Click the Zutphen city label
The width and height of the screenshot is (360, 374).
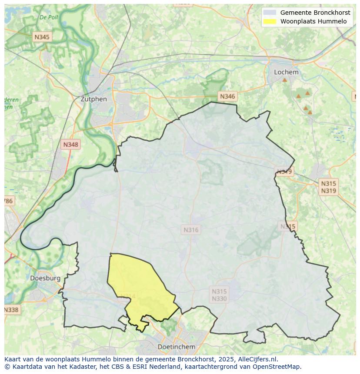(x=93, y=99)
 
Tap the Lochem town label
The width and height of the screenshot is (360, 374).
(x=286, y=72)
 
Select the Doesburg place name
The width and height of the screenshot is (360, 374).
(x=45, y=278)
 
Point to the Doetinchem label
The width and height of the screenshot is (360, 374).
(x=176, y=347)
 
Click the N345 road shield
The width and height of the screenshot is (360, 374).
(x=42, y=37)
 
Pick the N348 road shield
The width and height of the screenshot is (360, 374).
(x=71, y=145)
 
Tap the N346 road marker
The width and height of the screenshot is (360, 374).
(x=227, y=96)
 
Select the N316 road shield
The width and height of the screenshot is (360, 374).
(x=191, y=230)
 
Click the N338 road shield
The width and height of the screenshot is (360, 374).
(x=11, y=310)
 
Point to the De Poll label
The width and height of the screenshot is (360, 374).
(x=49, y=17)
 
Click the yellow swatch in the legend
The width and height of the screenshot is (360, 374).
(x=270, y=21)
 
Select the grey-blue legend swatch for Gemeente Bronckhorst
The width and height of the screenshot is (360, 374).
(x=270, y=13)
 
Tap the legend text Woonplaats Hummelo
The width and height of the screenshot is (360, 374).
(x=313, y=21)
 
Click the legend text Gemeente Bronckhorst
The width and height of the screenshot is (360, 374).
(x=315, y=13)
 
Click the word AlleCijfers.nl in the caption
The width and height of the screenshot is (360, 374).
(x=257, y=359)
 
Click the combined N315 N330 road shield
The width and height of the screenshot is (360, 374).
(x=219, y=295)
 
